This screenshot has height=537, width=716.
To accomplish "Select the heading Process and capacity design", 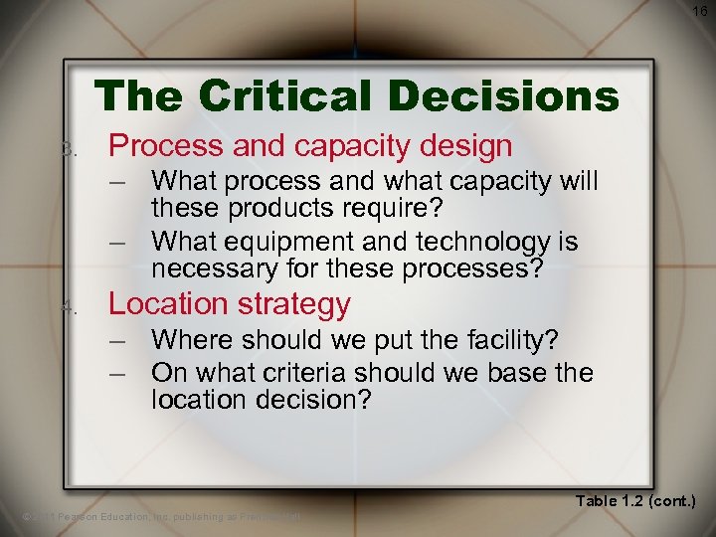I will click(x=310, y=146).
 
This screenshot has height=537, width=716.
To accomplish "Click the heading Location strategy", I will click(x=229, y=303).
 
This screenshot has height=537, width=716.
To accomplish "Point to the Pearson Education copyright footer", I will click(x=160, y=516).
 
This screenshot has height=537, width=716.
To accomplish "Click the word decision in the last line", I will click(x=303, y=400).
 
